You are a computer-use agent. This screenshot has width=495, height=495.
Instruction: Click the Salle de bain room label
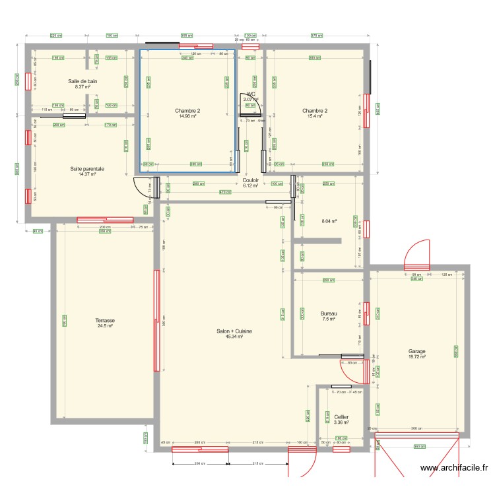(x=82, y=81)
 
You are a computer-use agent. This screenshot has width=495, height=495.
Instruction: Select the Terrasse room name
(x=105, y=320)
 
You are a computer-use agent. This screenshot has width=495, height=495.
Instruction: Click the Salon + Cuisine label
(x=234, y=331)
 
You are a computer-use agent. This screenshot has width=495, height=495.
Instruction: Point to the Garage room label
(x=416, y=352)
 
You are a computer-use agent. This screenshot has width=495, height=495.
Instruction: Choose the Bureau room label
(x=328, y=313)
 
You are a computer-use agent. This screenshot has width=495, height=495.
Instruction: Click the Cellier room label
(x=341, y=417)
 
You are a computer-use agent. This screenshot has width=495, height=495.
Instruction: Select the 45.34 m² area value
(x=234, y=337)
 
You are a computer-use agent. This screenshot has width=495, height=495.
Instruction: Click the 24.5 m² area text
(x=105, y=326)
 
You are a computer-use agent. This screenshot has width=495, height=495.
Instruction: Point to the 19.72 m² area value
(x=416, y=357)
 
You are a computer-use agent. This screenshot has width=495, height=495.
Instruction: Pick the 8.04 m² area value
(x=329, y=222)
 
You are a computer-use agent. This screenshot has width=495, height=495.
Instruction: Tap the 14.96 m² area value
(x=187, y=116)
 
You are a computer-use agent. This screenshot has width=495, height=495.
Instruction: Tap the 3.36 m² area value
(x=341, y=422)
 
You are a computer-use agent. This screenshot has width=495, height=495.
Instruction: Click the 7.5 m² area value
(x=328, y=319)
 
